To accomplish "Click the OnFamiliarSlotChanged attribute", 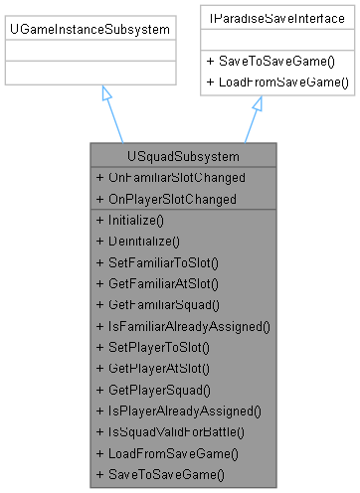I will click(170, 177).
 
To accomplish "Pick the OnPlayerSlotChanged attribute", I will click(166, 198).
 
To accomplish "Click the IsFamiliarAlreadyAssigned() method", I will click(184, 325).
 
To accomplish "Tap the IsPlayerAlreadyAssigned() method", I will click(179, 410).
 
